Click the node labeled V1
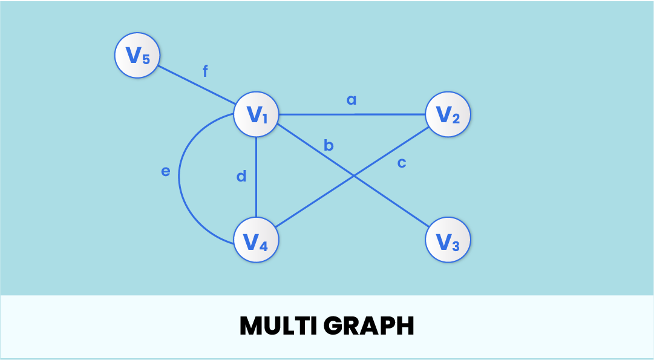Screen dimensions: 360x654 256,114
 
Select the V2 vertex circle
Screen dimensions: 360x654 448,114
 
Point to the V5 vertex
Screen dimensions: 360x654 137,56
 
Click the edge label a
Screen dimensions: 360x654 352,99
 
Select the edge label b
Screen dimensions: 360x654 329,145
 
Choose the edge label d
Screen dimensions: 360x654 241,176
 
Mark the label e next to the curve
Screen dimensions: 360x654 166,171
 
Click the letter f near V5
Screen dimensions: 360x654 205,71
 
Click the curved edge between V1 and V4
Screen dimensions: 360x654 180,178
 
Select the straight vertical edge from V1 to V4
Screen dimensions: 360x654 256,182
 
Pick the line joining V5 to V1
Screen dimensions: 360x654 197,85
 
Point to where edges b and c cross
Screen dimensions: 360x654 353,176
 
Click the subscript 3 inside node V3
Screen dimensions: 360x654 456,245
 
